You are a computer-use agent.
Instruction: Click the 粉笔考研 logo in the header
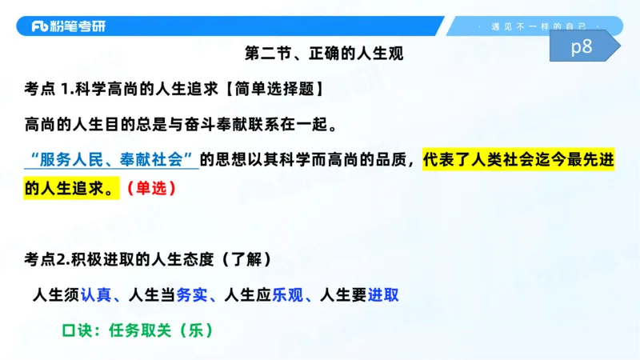pyautogui.click(x=68, y=26)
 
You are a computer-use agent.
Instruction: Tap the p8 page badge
pyautogui.click(x=582, y=48)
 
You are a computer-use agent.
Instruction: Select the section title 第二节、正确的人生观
pyautogui.click(x=323, y=55)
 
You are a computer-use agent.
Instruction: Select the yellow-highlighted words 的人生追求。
pyautogui.click(x=70, y=190)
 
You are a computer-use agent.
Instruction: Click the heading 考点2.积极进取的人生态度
pyautogui.click(x=121, y=259)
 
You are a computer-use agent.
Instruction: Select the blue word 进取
pyautogui.click(x=383, y=294)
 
